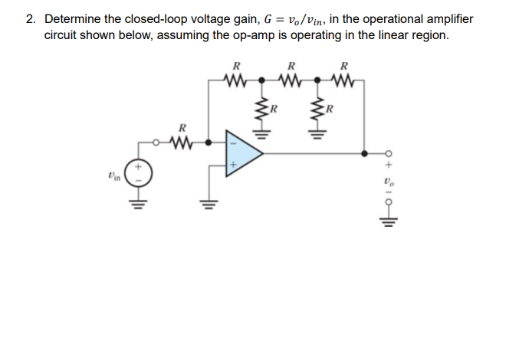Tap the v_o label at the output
tap(388, 185)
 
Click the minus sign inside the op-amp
tap(232, 142)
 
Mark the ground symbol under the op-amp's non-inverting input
tap(205, 203)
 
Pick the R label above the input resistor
tap(181, 127)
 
